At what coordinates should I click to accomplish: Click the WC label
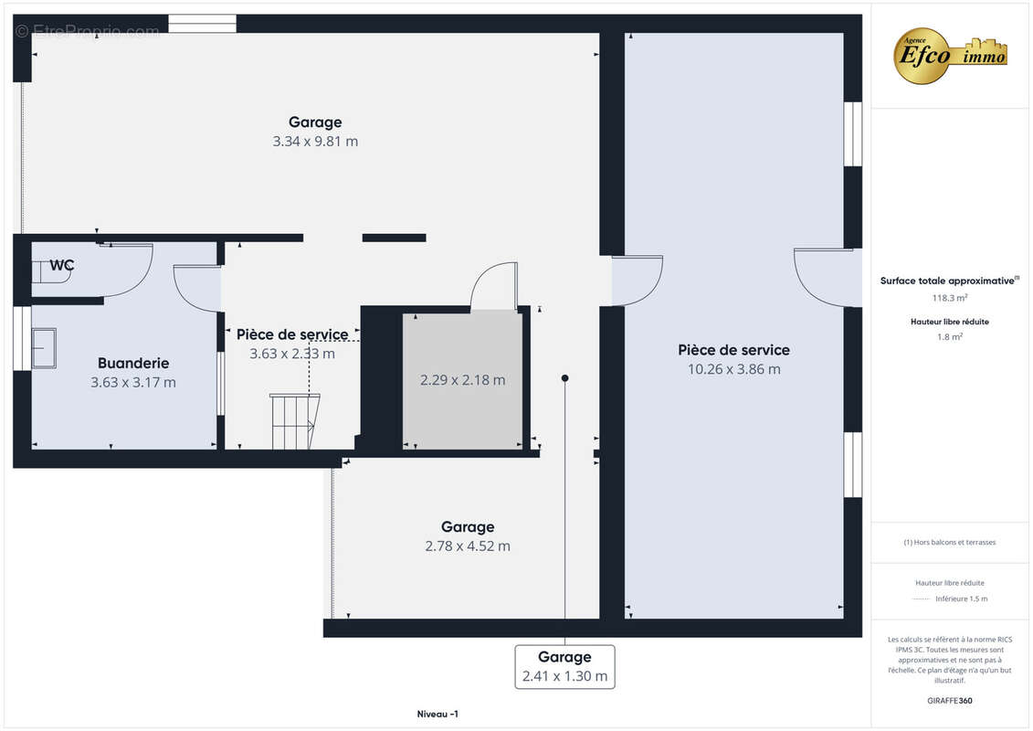[62, 266]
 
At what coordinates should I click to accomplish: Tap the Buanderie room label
[133, 363]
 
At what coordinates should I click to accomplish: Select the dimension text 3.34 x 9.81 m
[315, 142]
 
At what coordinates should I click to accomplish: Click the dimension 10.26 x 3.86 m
[733, 369]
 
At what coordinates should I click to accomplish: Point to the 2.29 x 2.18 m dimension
[462, 380]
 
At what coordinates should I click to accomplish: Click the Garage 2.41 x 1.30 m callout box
[564, 667]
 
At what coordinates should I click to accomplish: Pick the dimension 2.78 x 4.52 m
[468, 546]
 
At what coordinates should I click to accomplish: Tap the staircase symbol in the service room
[295, 421]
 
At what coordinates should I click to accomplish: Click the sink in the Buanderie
[44, 347]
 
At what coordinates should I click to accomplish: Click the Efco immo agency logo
[950, 56]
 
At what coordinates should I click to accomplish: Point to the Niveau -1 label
[432, 714]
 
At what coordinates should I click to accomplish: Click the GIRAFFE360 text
[950, 701]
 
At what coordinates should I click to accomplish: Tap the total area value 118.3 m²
[950, 298]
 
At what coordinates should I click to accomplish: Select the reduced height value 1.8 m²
[950, 336]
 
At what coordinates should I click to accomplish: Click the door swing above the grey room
[494, 286]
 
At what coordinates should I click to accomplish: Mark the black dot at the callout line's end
[565, 378]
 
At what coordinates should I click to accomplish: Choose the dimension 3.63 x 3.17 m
[133, 383]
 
